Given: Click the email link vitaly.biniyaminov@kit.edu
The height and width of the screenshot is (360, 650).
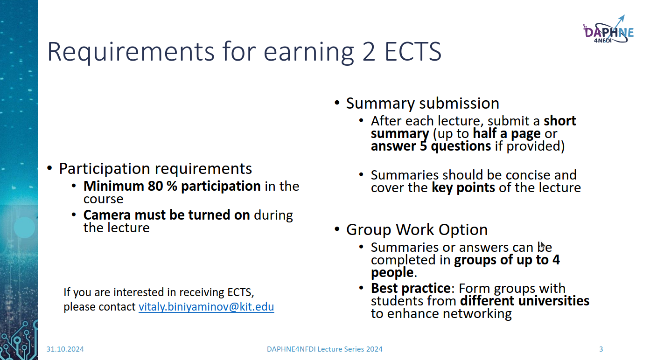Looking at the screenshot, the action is tap(206, 307).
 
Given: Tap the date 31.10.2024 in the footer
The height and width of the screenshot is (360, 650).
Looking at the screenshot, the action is tap(65, 349).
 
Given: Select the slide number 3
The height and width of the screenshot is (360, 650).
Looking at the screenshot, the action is tap(601, 349).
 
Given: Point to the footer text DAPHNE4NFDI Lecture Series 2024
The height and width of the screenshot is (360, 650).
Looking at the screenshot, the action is tap(325, 349).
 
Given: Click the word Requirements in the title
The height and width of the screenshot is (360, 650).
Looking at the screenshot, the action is tap(131, 52).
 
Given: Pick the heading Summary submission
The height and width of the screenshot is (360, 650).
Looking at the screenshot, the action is tap(422, 103).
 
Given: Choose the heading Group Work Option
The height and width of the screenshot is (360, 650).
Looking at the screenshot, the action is tap(417, 229).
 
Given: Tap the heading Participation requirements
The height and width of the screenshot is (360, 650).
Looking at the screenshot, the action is tap(155, 168).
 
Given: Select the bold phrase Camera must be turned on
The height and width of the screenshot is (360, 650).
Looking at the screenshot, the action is tap(167, 215).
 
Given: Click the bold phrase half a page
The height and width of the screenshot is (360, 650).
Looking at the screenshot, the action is tap(507, 133).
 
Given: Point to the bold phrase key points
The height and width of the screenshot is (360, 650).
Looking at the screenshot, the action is tap(463, 187).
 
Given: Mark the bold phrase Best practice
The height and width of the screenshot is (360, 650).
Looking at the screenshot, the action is tap(411, 288).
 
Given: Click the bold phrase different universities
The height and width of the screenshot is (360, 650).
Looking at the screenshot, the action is tap(524, 301).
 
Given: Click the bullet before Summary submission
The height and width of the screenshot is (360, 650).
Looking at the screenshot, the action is tap(337, 103).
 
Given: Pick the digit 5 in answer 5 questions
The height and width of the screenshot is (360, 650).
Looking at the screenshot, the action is tap(423, 146).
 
